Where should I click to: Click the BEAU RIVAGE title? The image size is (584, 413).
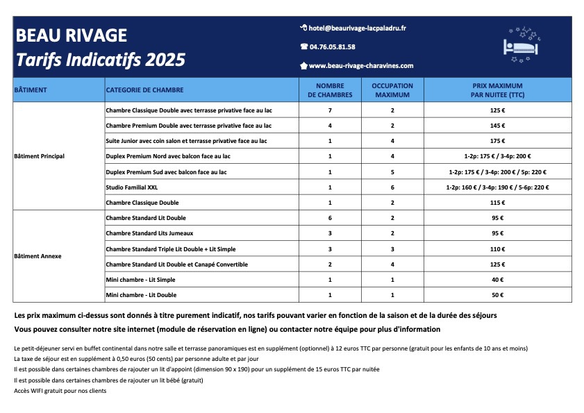(71, 35)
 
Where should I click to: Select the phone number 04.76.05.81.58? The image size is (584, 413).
(332, 47)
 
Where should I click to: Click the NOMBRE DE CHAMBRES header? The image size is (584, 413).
(330, 90)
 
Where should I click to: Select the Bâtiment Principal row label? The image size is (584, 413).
(39, 156)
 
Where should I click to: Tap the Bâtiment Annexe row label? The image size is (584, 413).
(37, 256)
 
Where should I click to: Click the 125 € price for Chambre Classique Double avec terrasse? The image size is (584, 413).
(497, 110)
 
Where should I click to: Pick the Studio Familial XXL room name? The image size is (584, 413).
(132, 187)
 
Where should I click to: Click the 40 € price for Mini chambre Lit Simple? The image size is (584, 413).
(497, 280)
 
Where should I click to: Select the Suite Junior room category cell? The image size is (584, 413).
(186, 141)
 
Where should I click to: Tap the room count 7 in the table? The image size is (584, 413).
(330, 110)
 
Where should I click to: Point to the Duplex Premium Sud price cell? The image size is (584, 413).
(497, 171)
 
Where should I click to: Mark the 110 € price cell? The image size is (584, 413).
(497, 248)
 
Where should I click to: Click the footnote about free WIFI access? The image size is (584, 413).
(60, 391)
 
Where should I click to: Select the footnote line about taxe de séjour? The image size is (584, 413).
(136, 358)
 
